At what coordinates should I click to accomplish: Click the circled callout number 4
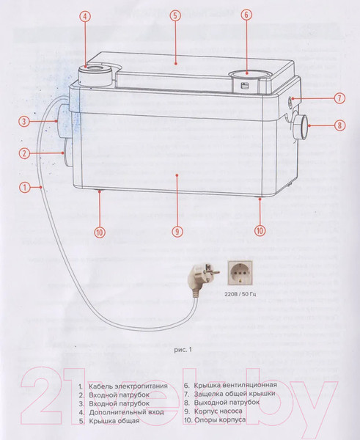pos(85,16)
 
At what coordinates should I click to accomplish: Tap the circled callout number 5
pos(175,15)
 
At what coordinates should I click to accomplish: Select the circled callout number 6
pos(246,15)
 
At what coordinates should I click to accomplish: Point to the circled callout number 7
pos(339,98)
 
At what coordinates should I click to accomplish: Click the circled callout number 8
pos(339,125)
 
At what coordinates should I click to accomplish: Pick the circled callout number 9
pos(177,232)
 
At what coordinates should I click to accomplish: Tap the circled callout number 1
pos(25,187)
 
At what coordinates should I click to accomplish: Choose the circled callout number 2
pos(24,153)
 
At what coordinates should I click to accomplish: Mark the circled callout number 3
pos(24,122)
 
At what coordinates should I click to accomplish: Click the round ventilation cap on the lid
pos(247,75)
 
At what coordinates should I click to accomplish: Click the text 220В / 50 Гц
pos(240,295)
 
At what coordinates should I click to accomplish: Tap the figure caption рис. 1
pos(183,350)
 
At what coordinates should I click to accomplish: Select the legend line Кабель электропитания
pos(123,386)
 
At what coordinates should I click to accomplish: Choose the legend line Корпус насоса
pos(213,411)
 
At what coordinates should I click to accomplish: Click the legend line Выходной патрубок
pos(222,403)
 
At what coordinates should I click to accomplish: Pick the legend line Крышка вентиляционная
pos(230,385)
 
